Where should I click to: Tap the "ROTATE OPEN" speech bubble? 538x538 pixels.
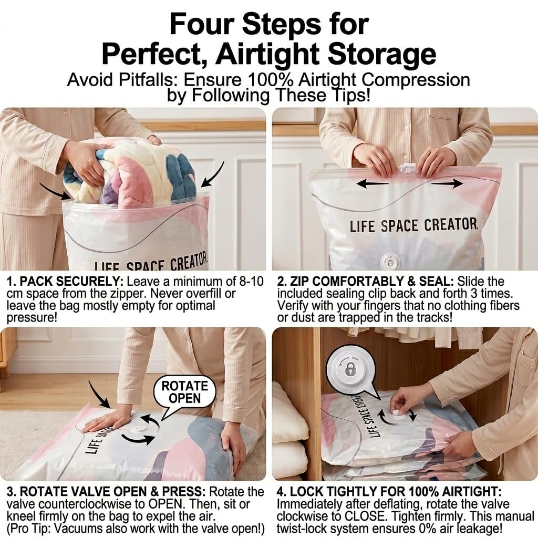point(184,394)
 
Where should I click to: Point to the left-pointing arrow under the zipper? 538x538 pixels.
point(373,183)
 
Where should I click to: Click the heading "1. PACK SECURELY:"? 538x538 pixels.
point(65,282)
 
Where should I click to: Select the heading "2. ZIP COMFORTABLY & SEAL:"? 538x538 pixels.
point(365,282)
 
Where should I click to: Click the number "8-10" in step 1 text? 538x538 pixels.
point(250,282)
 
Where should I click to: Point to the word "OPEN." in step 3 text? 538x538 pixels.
point(164,504)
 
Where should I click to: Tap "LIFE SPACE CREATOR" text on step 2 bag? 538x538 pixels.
point(413,225)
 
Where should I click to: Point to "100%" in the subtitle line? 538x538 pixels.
point(270,80)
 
